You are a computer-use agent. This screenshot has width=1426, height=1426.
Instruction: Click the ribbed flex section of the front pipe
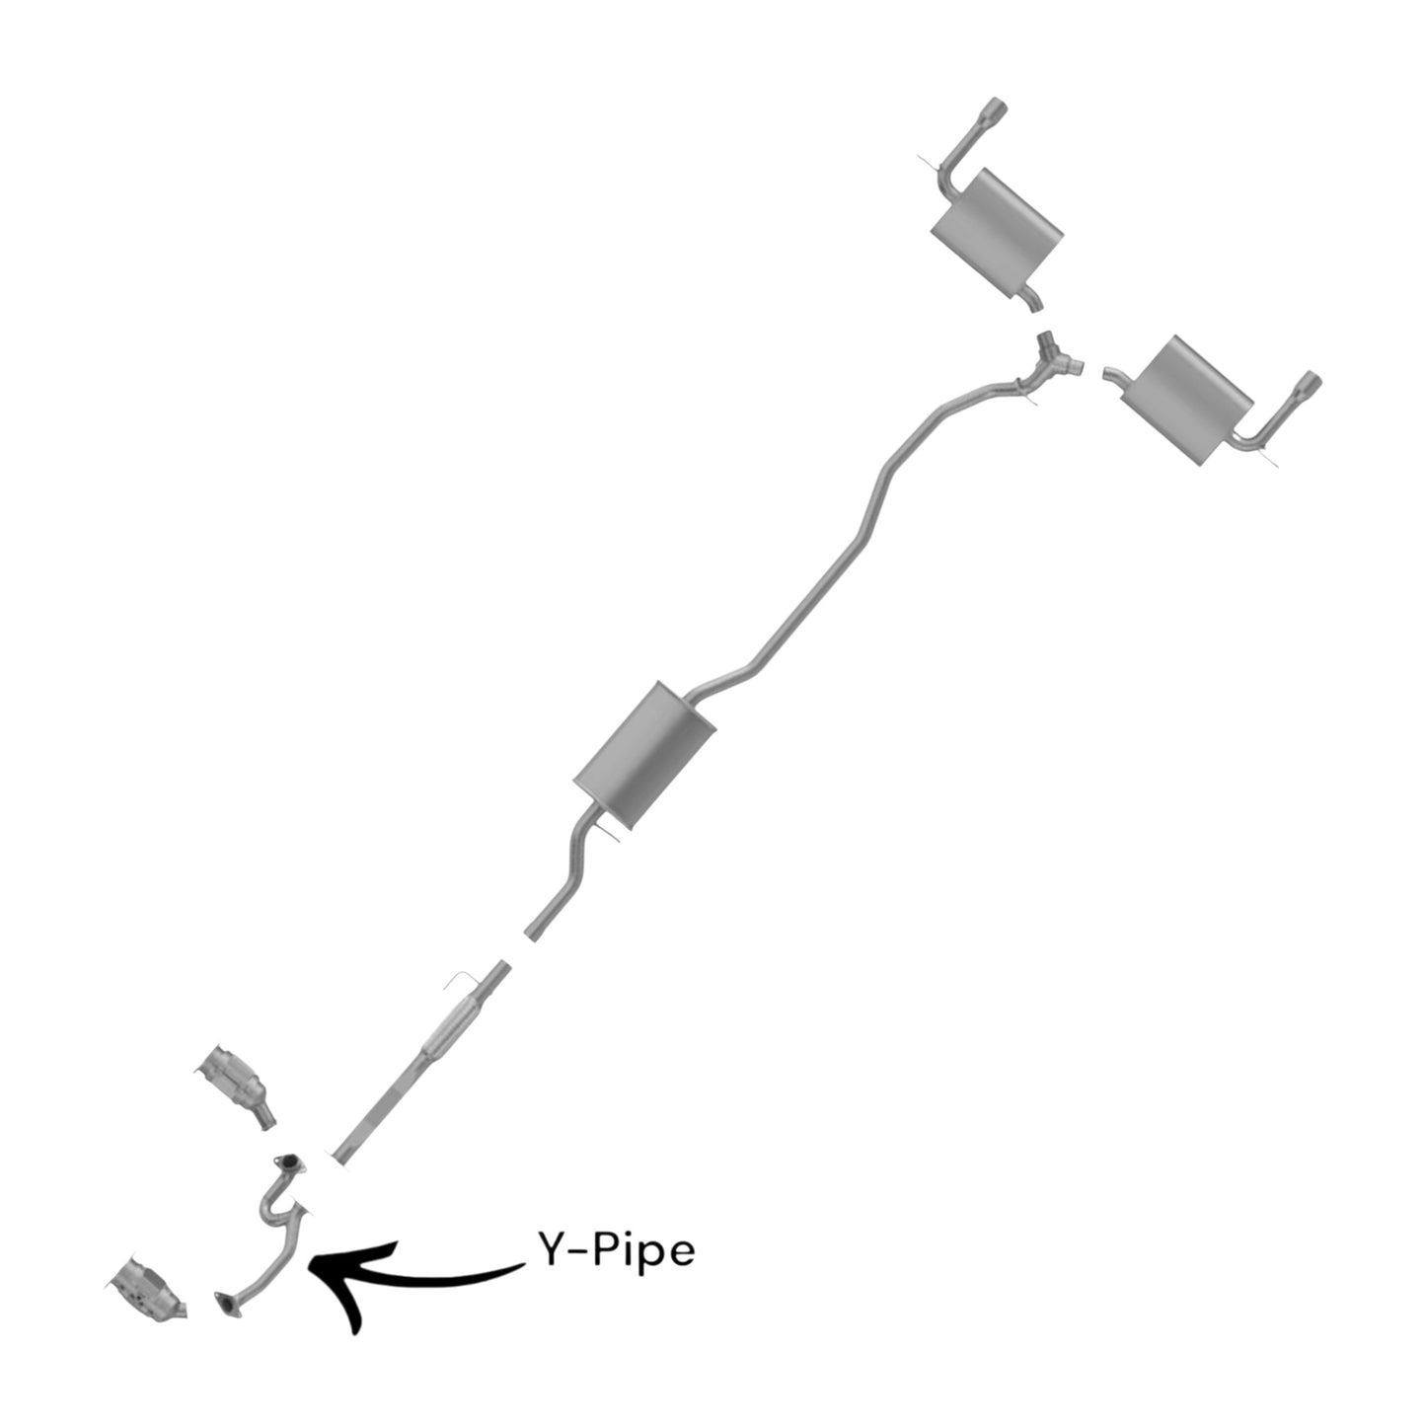[449, 1027]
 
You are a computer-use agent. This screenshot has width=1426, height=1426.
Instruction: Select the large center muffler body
[644, 755]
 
